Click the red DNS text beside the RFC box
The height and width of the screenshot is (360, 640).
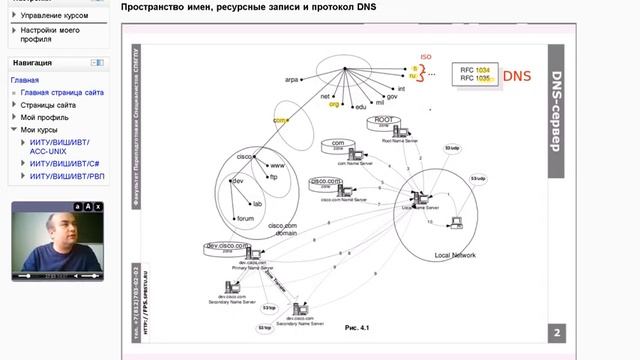517,75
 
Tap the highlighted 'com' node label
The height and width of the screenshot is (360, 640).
279,120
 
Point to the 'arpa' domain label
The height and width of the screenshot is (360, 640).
293,77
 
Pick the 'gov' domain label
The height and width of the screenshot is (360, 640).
392,96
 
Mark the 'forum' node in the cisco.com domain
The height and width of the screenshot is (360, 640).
245,218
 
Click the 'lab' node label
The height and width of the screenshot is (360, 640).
257,203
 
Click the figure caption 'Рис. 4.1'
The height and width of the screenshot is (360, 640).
357,327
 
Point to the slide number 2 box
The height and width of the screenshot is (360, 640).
557,334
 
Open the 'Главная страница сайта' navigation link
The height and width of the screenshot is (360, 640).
60,92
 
